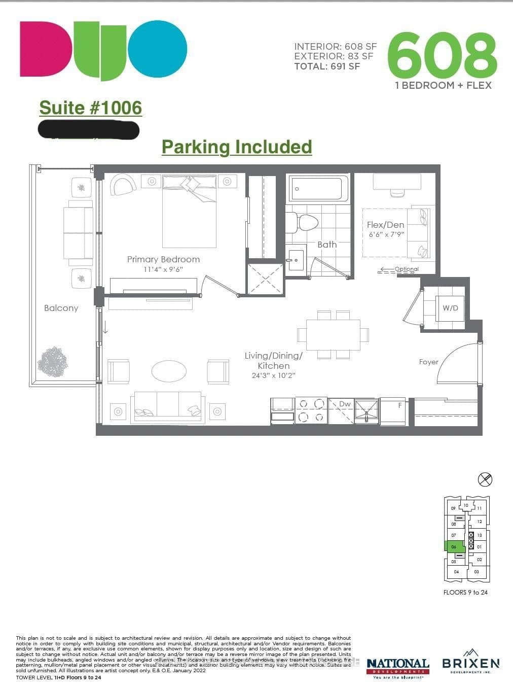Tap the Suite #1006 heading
(91, 108)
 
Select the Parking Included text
(237, 147)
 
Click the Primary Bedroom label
(163, 259)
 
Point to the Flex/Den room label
(386, 225)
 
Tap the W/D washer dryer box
(450, 308)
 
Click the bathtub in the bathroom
(318, 189)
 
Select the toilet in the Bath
(304, 222)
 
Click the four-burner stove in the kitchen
(311, 410)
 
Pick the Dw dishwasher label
(345, 404)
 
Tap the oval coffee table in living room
(169, 371)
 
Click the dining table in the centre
(333, 335)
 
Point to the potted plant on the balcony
(52, 362)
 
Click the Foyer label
(428, 362)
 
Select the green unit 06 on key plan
(454, 547)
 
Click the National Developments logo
(398, 667)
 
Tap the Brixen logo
(470, 662)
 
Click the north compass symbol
(485, 479)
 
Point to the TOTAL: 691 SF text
(327, 66)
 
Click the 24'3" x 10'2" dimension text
(273, 376)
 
